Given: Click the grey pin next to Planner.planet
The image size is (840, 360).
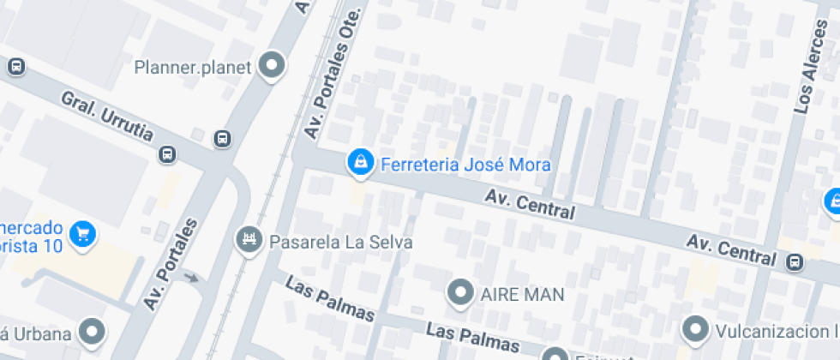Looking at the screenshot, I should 272,66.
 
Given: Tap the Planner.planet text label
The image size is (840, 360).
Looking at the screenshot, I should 193,67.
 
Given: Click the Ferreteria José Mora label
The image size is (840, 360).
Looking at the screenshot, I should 465,165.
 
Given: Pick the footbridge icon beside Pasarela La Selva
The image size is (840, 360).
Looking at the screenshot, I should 249,241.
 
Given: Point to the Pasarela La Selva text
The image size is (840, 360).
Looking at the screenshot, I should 341,243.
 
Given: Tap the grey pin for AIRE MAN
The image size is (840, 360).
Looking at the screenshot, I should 462,293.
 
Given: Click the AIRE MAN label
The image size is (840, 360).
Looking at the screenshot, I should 522,295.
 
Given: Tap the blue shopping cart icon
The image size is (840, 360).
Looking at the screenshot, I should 82,232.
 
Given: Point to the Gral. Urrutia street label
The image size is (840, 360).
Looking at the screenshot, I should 107,115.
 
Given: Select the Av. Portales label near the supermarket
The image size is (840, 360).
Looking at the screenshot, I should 171,265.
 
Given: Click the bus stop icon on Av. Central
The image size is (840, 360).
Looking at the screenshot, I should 796,261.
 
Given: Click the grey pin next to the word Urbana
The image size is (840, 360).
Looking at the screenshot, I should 92,332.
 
